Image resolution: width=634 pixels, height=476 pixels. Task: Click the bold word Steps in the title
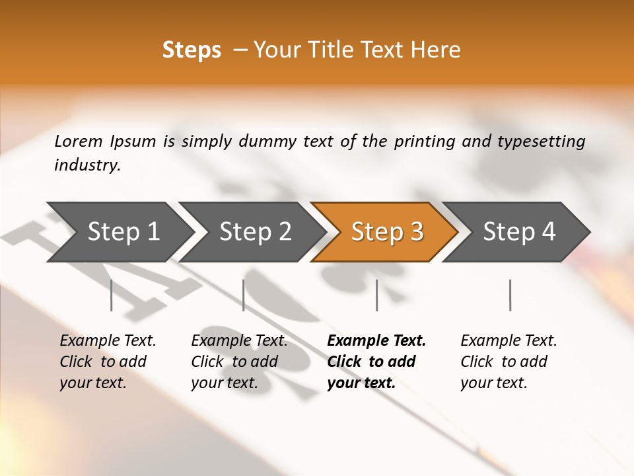[x=192, y=50]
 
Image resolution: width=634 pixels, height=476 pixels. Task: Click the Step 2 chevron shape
[x=254, y=231]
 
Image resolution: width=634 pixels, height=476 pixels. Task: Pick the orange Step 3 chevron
[x=386, y=231]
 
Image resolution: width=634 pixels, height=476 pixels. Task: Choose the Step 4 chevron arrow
[x=518, y=231]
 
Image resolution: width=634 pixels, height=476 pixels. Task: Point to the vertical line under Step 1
[x=112, y=296]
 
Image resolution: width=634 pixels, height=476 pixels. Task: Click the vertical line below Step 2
[x=244, y=296]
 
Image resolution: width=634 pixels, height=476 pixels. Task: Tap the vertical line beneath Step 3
[x=377, y=296]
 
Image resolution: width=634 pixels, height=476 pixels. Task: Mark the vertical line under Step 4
[x=511, y=296]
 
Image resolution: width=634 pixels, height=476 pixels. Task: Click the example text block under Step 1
[x=108, y=362]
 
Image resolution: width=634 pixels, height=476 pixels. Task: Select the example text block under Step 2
[x=239, y=362]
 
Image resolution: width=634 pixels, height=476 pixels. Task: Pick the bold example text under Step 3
[x=376, y=362]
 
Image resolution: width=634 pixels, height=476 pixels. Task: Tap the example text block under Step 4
[x=509, y=362]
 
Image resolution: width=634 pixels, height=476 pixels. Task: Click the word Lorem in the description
[x=78, y=141]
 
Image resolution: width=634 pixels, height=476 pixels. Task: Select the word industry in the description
[x=87, y=165]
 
